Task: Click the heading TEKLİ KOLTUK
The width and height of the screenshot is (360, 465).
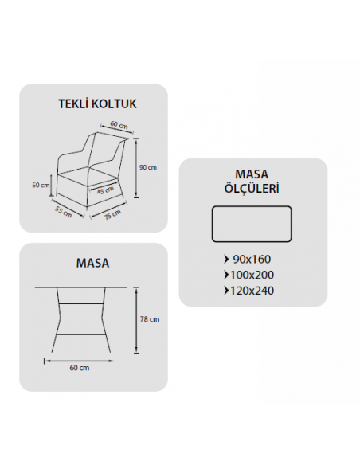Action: click(x=97, y=104)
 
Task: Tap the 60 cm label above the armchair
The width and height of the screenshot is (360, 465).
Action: click(x=119, y=124)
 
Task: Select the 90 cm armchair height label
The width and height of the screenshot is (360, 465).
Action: click(x=148, y=167)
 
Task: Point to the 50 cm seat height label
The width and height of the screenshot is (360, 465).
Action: click(x=41, y=185)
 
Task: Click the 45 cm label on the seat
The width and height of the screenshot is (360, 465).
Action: click(x=105, y=190)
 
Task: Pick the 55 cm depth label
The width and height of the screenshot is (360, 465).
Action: click(x=64, y=212)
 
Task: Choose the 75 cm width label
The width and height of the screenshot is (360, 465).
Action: click(x=112, y=215)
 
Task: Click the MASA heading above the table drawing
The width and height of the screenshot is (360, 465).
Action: click(x=93, y=263)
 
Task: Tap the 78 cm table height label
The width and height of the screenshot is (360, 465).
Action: click(x=150, y=319)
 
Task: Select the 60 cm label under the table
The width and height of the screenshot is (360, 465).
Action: click(x=80, y=368)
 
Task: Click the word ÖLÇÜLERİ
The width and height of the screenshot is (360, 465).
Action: click(x=252, y=188)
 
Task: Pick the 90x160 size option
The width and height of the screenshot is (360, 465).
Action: click(x=252, y=260)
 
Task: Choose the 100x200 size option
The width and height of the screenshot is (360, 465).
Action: click(x=252, y=275)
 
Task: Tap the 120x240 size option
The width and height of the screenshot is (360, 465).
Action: click(x=252, y=291)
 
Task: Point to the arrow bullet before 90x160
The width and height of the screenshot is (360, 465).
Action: click(x=227, y=260)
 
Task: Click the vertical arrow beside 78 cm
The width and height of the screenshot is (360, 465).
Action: click(x=136, y=320)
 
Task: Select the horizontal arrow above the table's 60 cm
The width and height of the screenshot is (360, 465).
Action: click(x=80, y=361)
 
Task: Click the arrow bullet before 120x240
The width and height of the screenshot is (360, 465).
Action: click(x=227, y=291)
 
